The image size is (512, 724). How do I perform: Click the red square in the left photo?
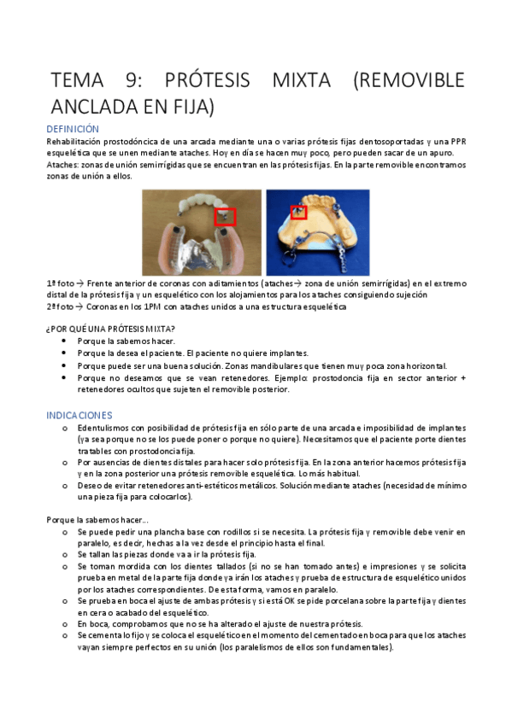tap(225, 217)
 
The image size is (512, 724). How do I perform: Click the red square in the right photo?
tap(299, 212)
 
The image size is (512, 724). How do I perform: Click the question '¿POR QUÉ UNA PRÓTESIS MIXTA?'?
tap(111, 329)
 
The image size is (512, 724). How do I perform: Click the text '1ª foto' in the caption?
tap(60, 283)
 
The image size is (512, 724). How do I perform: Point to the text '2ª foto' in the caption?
tap(60, 307)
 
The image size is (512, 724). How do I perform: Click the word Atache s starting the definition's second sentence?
tap(62, 165)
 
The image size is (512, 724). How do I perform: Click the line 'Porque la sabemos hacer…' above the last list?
tap(97, 519)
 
